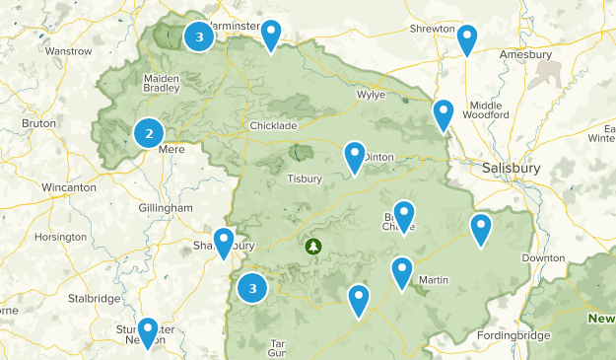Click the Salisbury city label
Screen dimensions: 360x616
[513, 168]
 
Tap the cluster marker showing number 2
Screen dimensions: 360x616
[149, 133]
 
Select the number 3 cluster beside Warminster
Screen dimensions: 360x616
[200, 36]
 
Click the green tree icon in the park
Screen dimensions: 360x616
[314, 246]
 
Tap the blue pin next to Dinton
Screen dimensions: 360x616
[355, 157]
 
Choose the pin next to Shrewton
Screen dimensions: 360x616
[468, 39]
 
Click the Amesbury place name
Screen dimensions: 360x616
[525, 54]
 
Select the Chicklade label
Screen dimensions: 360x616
[273, 126]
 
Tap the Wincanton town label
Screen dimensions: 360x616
[68, 186]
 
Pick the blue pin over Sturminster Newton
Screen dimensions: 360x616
[148, 332]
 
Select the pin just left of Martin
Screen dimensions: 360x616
[402, 272]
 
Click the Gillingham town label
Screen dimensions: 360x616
[166, 208]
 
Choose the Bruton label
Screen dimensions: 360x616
[38, 123]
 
